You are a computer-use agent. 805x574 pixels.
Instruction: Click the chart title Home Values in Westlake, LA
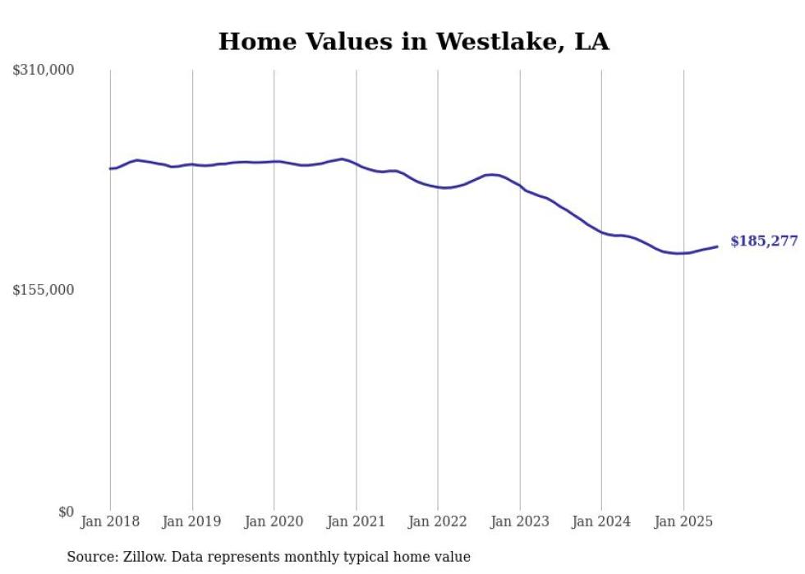[x=413, y=42]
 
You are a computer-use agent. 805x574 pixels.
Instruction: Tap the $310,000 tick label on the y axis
[x=44, y=71]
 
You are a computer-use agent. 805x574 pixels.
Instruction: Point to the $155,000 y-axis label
[x=44, y=290]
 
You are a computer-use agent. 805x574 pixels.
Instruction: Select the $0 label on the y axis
[x=66, y=512]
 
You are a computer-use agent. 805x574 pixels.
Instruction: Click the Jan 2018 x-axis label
[x=110, y=521]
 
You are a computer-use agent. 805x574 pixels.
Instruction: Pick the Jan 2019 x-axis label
[x=192, y=521]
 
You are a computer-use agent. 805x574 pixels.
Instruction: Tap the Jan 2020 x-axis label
[x=274, y=521]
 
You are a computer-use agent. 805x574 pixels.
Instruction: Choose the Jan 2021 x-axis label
[x=356, y=521]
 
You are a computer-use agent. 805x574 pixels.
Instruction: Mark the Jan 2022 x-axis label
[x=438, y=521]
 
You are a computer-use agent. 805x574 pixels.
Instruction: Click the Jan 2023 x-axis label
[x=519, y=521]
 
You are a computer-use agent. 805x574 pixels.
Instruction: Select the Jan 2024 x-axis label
[x=601, y=521]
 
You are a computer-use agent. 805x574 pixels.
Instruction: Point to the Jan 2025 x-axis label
[x=683, y=521]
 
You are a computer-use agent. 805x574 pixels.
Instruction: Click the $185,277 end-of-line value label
[x=763, y=241]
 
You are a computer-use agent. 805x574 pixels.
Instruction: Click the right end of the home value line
[x=717, y=246]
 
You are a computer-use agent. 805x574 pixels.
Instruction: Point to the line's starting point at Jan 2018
[x=110, y=168]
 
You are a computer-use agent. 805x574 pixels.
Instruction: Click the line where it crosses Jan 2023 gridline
[x=519, y=186]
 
